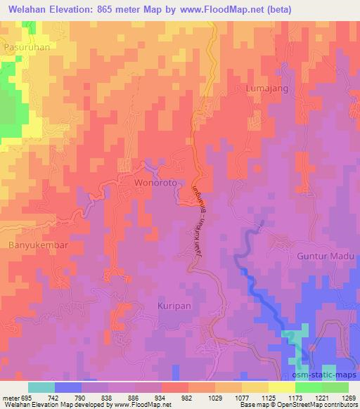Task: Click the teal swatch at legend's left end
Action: click(x=41, y=387)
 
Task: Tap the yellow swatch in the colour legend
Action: click(x=281, y=387)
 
